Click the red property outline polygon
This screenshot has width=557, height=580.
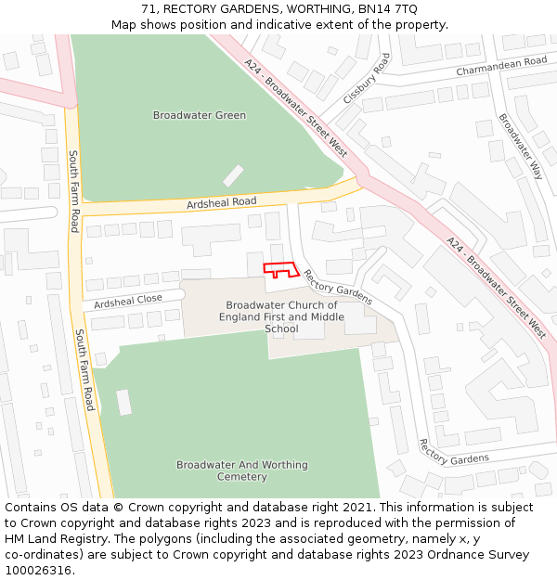(x=280, y=270)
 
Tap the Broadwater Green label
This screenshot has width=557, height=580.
(x=200, y=116)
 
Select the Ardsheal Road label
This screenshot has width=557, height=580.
(x=221, y=202)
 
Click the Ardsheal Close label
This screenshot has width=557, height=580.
(x=127, y=301)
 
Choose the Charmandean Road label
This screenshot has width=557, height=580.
(x=501, y=66)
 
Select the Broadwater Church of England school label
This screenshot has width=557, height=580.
(x=281, y=316)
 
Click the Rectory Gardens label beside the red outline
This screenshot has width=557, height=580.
(x=338, y=287)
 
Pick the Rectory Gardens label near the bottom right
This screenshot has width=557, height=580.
(x=453, y=452)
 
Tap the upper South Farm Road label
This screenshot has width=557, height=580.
(x=73, y=192)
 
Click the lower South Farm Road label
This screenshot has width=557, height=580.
(x=84, y=369)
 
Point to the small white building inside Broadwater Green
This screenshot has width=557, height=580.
(x=233, y=175)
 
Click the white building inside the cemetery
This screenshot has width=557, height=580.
(x=123, y=402)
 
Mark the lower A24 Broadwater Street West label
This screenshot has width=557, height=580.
(x=496, y=285)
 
